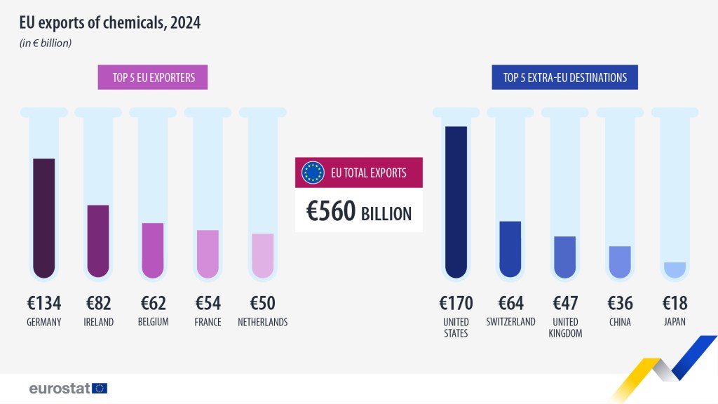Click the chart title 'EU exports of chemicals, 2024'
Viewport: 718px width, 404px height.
(110, 23)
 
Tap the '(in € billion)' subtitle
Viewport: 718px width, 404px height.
(45, 43)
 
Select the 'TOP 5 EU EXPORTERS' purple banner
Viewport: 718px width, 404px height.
(153, 77)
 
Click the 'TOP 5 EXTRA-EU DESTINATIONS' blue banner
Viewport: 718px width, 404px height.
(564, 77)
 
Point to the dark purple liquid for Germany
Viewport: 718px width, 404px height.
(43, 217)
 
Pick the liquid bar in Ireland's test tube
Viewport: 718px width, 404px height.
(98, 241)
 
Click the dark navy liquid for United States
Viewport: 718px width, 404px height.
(456, 202)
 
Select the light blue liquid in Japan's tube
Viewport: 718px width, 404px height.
(675, 270)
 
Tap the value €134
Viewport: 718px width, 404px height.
(44, 303)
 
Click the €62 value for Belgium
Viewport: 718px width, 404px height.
(153, 303)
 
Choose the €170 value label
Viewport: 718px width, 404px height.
(456, 303)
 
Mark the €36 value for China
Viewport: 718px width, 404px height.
(620, 303)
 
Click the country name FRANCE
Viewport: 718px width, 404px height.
(208, 323)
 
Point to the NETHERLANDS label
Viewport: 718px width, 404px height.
(262, 323)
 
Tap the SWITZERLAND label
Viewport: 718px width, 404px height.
(510, 322)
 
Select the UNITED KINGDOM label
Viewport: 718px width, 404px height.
(565, 328)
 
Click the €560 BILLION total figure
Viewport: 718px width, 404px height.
(359, 212)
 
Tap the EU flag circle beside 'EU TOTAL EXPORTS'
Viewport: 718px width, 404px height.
(313, 173)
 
